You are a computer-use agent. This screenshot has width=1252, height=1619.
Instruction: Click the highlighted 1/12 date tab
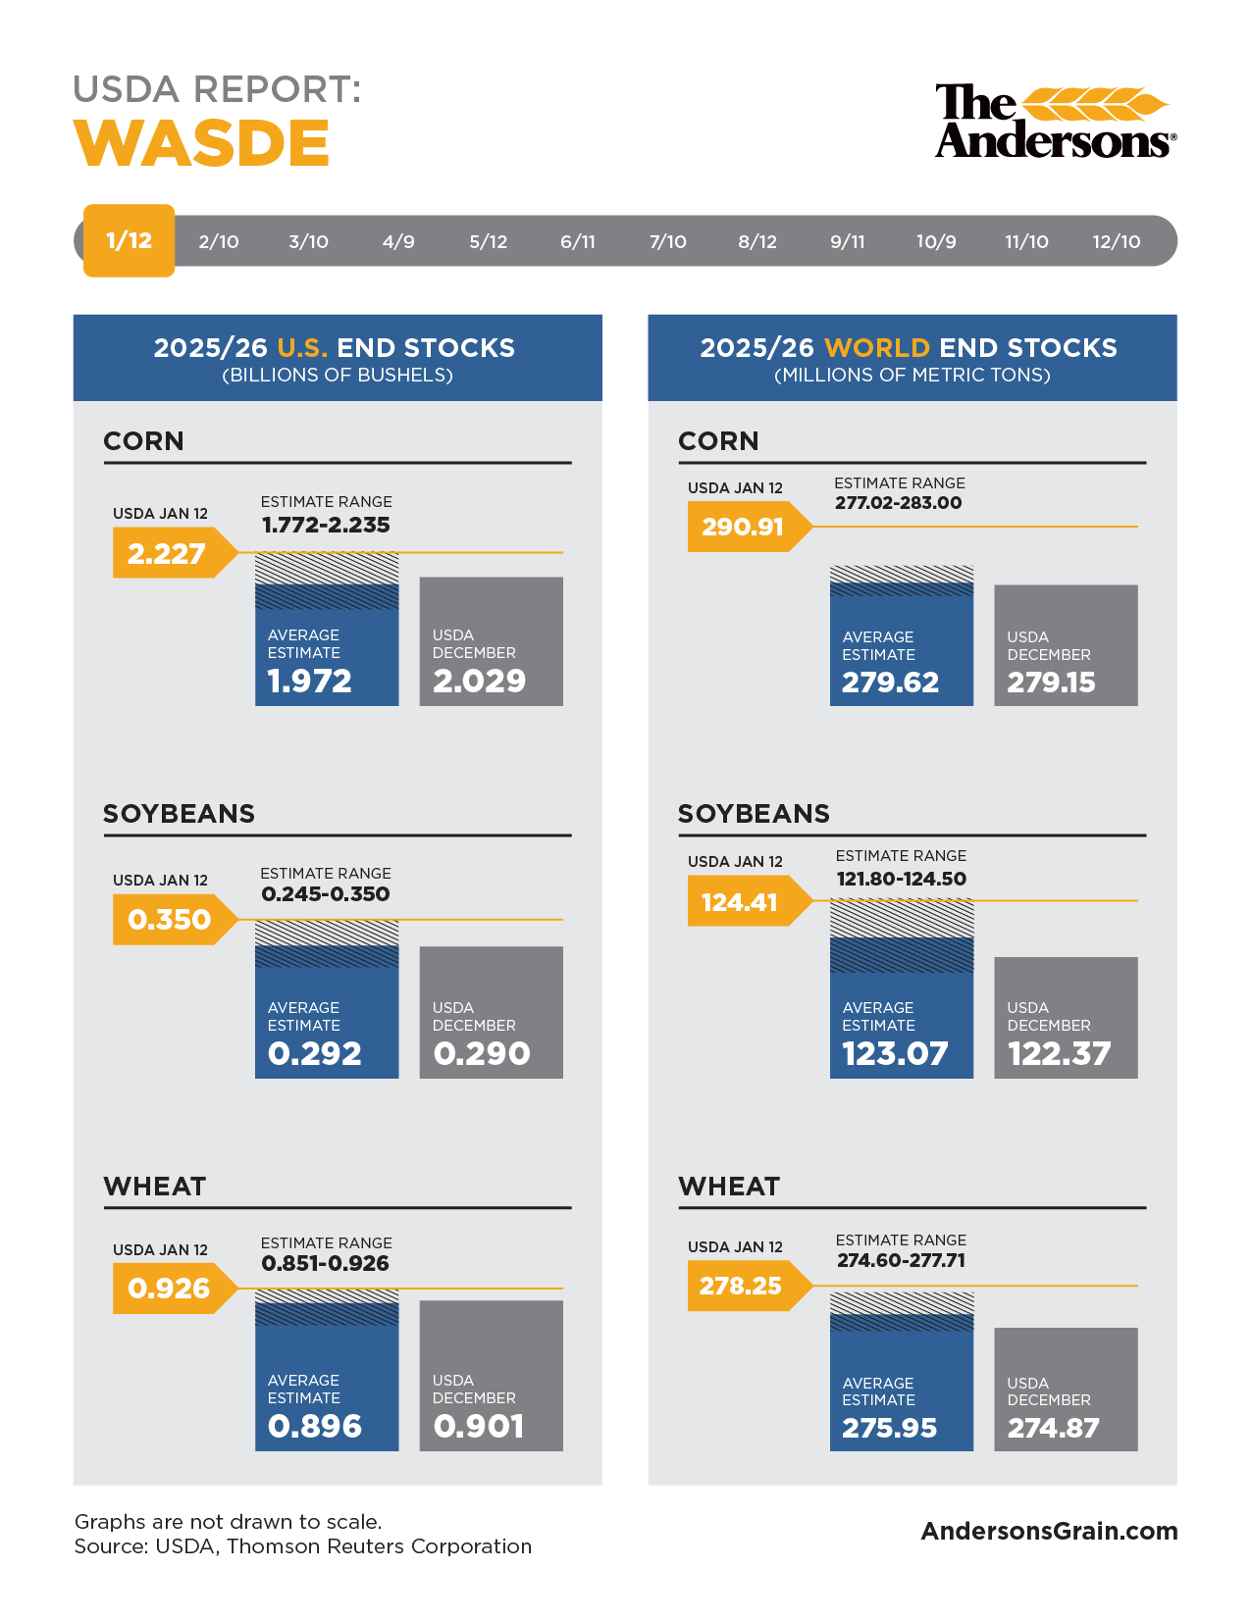(129, 240)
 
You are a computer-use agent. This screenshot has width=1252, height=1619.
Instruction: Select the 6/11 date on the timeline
(578, 241)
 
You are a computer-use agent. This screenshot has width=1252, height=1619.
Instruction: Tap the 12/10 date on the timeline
(1117, 241)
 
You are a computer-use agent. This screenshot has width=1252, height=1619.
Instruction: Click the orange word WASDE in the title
(202, 143)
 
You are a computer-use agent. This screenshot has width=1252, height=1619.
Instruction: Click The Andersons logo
(1055, 121)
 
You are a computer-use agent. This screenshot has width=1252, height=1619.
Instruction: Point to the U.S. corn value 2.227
(167, 554)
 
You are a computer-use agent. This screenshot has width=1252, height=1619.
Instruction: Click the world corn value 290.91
(743, 527)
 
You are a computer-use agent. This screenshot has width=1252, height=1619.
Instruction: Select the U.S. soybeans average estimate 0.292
(315, 1053)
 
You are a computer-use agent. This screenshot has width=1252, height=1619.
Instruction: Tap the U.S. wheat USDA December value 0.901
(479, 1426)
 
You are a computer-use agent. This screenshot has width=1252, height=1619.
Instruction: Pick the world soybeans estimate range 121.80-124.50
(901, 879)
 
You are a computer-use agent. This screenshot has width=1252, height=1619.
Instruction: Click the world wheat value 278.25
(741, 1286)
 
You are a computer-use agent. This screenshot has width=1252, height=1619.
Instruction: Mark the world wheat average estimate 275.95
(890, 1428)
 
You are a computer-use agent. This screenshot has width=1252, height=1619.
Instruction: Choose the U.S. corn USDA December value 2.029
(480, 681)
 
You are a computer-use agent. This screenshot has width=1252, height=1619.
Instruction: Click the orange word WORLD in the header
(877, 348)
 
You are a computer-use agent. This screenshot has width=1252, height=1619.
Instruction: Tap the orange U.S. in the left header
(302, 348)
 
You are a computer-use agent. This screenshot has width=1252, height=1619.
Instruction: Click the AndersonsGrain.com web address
(1049, 1531)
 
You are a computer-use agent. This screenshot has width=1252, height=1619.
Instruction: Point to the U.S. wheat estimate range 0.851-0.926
(326, 1263)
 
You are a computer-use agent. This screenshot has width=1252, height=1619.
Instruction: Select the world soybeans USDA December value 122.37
(1060, 1053)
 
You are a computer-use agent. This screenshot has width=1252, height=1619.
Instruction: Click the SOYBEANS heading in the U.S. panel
(180, 814)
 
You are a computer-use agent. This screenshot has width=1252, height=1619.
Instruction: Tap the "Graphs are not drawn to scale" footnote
(229, 1522)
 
